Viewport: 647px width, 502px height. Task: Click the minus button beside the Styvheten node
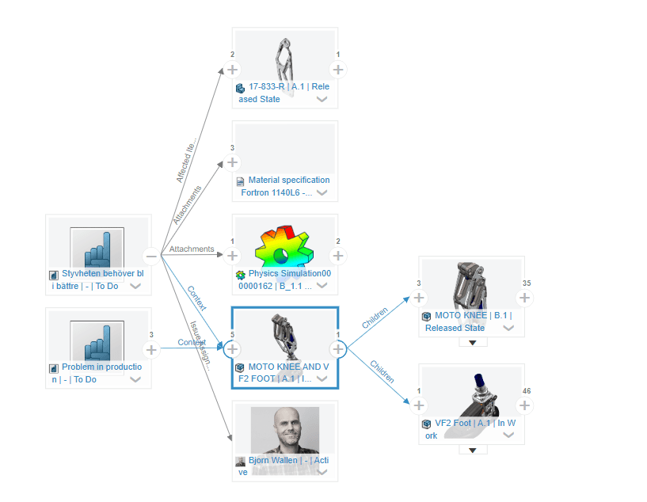[x=150, y=256]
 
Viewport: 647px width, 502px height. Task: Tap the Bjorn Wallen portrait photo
[x=285, y=432]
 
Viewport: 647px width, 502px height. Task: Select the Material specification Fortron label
[x=284, y=186]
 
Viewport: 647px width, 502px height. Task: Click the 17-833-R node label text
[x=284, y=93]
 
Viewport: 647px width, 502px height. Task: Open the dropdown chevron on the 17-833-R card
[x=322, y=100]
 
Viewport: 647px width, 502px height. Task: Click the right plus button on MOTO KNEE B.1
[x=524, y=298]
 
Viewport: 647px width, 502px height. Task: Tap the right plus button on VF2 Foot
[x=524, y=405]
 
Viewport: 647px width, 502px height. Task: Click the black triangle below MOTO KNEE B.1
[x=473, y=343]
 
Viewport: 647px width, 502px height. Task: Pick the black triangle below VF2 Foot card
[x=473, y=451]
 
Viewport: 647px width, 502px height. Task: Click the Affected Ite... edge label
[x=187, y=162]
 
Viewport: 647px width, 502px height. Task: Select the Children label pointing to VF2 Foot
[x=382, y=371]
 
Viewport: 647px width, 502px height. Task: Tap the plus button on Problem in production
[x=150, y=349]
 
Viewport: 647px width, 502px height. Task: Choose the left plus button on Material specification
[x=232, y=162]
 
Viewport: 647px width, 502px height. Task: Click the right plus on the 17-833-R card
[x=338, y=69]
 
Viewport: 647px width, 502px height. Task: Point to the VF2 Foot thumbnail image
[x=472, y=391]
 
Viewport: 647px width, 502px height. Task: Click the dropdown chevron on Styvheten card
[x=135, y=287]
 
